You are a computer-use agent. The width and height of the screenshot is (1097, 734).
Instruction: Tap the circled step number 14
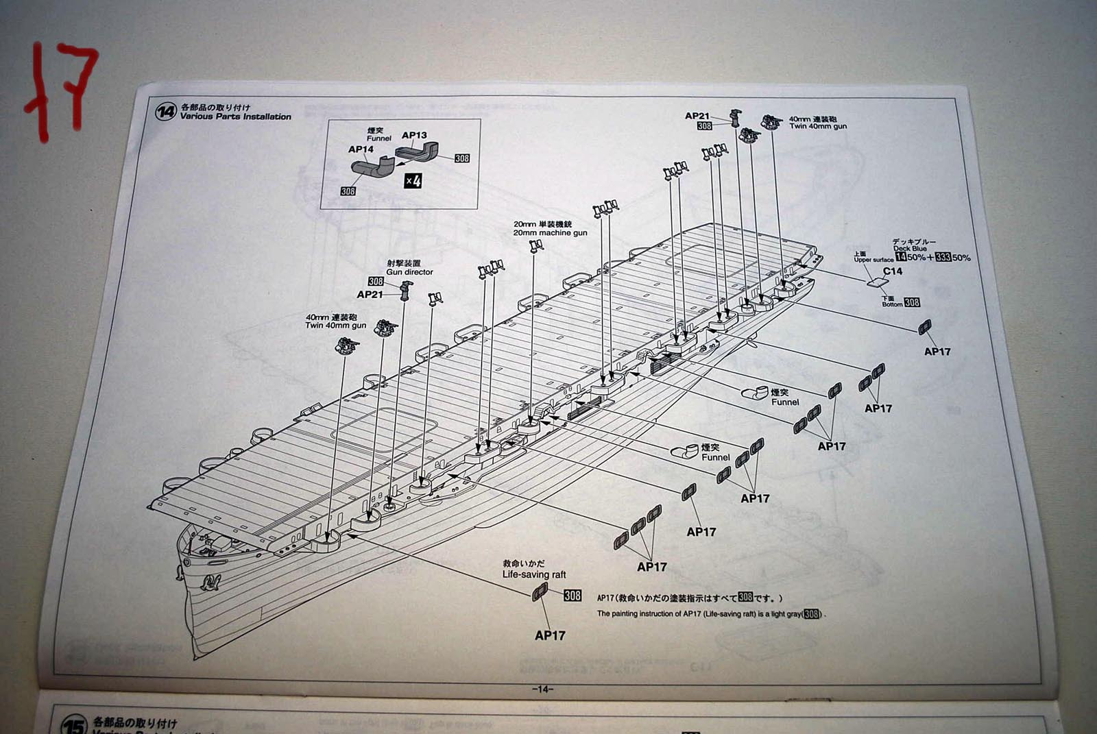[x=165, y=112]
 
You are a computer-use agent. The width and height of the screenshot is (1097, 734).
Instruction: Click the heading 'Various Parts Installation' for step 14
[x=235, y=117]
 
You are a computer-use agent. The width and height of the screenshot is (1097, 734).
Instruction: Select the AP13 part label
[x=414, y=135]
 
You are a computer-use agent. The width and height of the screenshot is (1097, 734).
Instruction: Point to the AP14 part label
[x=361, y=149]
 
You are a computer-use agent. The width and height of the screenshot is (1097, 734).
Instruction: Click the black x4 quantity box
[x=412, y=181]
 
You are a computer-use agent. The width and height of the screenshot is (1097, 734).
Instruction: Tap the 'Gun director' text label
[x=409, y=272]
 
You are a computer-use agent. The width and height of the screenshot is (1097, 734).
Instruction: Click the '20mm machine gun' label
[x=550, y=233]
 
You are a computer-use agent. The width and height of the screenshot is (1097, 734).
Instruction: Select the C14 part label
[x=892, y=271]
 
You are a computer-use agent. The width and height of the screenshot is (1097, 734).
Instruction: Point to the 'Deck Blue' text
[x=910, y=249]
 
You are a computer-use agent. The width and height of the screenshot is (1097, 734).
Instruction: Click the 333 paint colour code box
[x=943, y=258]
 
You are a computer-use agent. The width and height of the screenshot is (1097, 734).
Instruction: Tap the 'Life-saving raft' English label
[x=534, y=574]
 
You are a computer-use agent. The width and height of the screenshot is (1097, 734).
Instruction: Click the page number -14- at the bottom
[x=542, y=689]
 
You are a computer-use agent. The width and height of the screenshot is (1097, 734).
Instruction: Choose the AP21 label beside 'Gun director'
[x=370, y=294]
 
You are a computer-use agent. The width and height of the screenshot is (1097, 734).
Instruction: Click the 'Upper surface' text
[x=873, y=260]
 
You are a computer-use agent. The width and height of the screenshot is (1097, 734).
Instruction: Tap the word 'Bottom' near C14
[x=891, y=304]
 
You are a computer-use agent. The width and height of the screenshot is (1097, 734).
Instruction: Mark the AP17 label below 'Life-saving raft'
[x=550, y=635]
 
